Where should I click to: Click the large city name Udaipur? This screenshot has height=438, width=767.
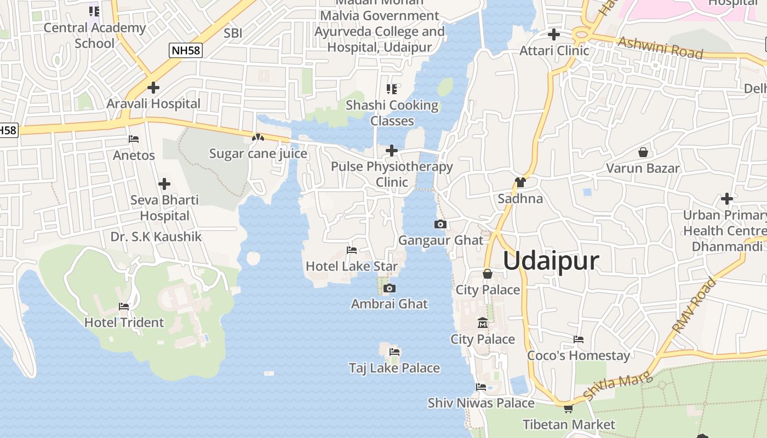pos(551,261)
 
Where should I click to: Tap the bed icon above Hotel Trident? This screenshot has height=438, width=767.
pos(124,307)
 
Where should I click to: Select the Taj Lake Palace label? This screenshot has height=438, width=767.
pos(394,368)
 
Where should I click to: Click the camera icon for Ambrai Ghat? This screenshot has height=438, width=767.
pos(390,288)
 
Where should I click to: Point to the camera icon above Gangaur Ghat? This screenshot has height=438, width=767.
pos(440,224)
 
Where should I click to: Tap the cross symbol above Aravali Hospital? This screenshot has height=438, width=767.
pos(153,87)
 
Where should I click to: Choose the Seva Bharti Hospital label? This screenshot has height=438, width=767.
pos(164,208)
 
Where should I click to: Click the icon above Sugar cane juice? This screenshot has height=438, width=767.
pos(258,137)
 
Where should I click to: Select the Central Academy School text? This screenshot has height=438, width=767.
pos(94,36)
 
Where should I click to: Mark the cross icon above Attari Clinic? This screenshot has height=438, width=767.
pos(554,34)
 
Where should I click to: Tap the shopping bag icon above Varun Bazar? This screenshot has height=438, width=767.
pos(643,152)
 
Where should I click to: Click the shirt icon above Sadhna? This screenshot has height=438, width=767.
pos(520,182)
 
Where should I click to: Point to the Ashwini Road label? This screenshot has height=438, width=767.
pos(660,48)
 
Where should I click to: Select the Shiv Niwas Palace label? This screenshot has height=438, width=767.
pos(480,403)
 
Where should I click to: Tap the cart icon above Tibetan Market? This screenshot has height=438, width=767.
pos(569,408)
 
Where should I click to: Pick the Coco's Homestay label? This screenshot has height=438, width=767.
pos(578,356)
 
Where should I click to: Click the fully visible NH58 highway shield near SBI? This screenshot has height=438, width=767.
pos(186,51)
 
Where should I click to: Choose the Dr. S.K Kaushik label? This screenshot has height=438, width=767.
pos(156,237)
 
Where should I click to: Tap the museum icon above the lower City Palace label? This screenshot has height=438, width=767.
pos(482,323)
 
